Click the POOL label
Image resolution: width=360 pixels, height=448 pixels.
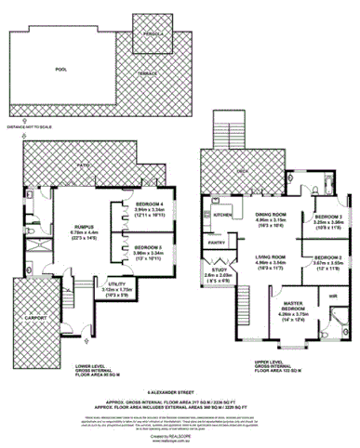[x=61, y=70]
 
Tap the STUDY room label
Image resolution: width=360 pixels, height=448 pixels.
[x=216, y=270]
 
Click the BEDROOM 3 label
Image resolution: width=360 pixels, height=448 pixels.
[x=329, y=217]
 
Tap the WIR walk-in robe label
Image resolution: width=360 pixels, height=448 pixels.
[x=332, y=296]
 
